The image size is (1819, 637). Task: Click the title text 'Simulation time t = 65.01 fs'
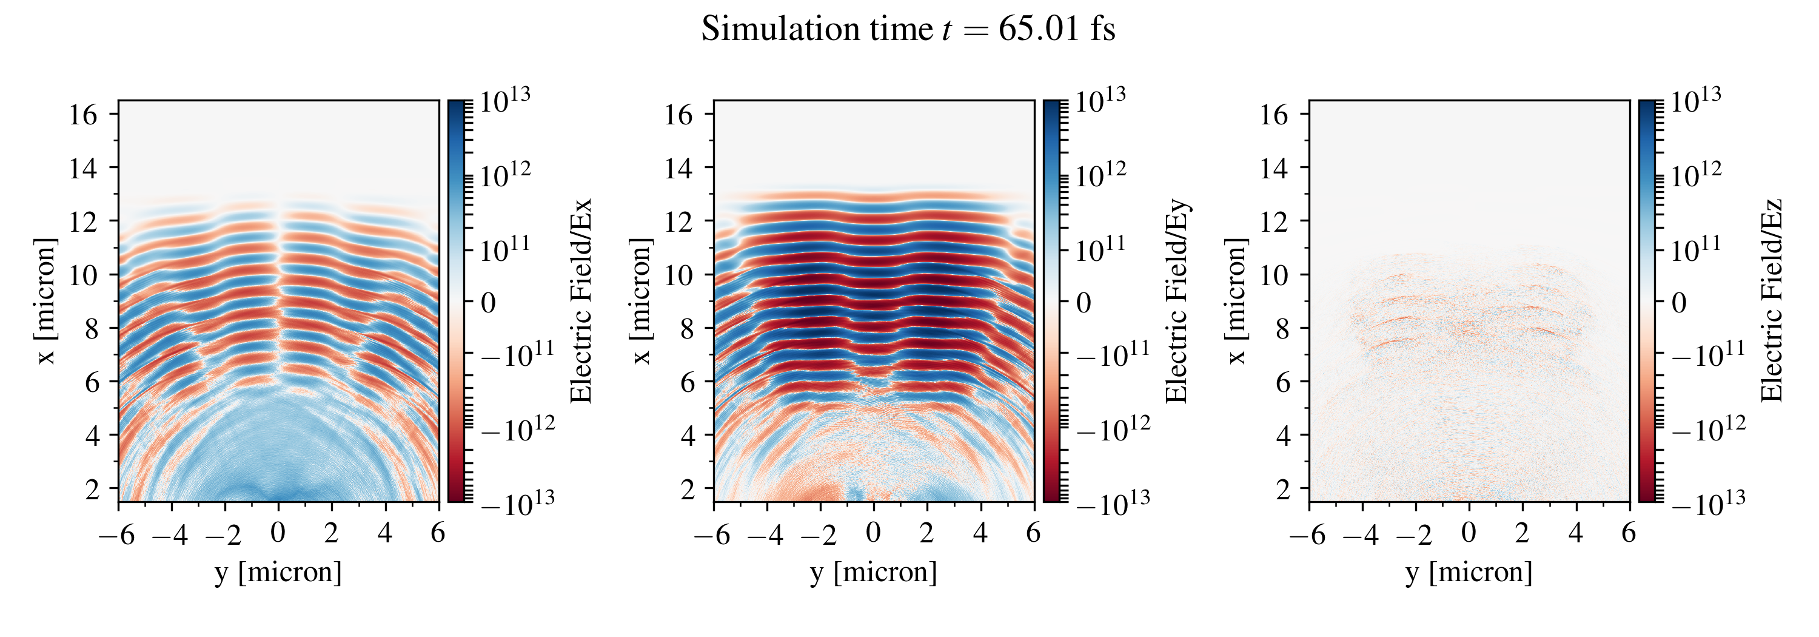(x=908, y=30)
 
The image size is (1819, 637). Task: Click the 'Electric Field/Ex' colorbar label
(x=580, y=302)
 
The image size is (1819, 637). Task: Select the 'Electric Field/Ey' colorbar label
(x=1176, y=302)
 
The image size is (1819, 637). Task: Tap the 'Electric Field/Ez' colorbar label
(x=1772, y=302)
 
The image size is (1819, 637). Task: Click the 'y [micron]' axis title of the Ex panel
(x=278, y=571)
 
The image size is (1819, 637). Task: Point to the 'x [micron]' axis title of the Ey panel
(x=640, y=302)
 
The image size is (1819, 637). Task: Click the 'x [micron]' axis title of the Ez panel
(x=1236, y=302)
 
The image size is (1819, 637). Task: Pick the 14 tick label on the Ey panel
(x=678, y=168)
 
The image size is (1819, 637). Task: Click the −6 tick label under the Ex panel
(x=116, y=534)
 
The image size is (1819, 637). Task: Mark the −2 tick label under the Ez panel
(x=1414, y=534)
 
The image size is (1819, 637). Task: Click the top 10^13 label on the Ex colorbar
(x=505, y=100)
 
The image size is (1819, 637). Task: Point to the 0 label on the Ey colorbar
(x=1084, y=303)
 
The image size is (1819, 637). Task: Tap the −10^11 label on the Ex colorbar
(x=518, y=354)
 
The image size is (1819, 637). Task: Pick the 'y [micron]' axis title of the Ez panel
(x=1469, y=571)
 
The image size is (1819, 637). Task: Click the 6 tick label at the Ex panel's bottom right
(x=438, y=533)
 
